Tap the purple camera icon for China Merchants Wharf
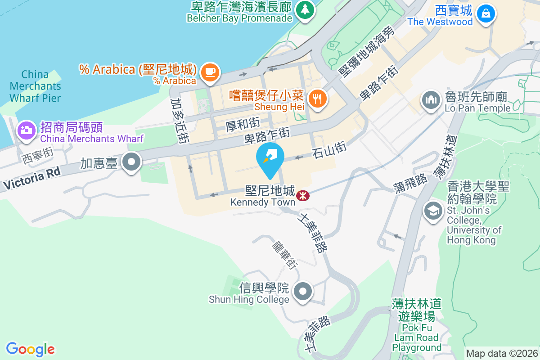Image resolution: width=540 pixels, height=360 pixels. (26, 130)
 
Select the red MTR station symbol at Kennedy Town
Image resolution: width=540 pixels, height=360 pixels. (302, 195)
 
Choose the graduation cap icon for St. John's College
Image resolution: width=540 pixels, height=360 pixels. (433, 211)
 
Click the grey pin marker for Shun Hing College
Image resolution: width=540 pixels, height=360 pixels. (303, 291)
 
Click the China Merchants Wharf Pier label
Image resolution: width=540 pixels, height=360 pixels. (35, 86)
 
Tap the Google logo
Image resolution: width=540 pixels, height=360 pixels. (31, 349)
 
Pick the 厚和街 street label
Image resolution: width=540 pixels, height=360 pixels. (243, 122)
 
